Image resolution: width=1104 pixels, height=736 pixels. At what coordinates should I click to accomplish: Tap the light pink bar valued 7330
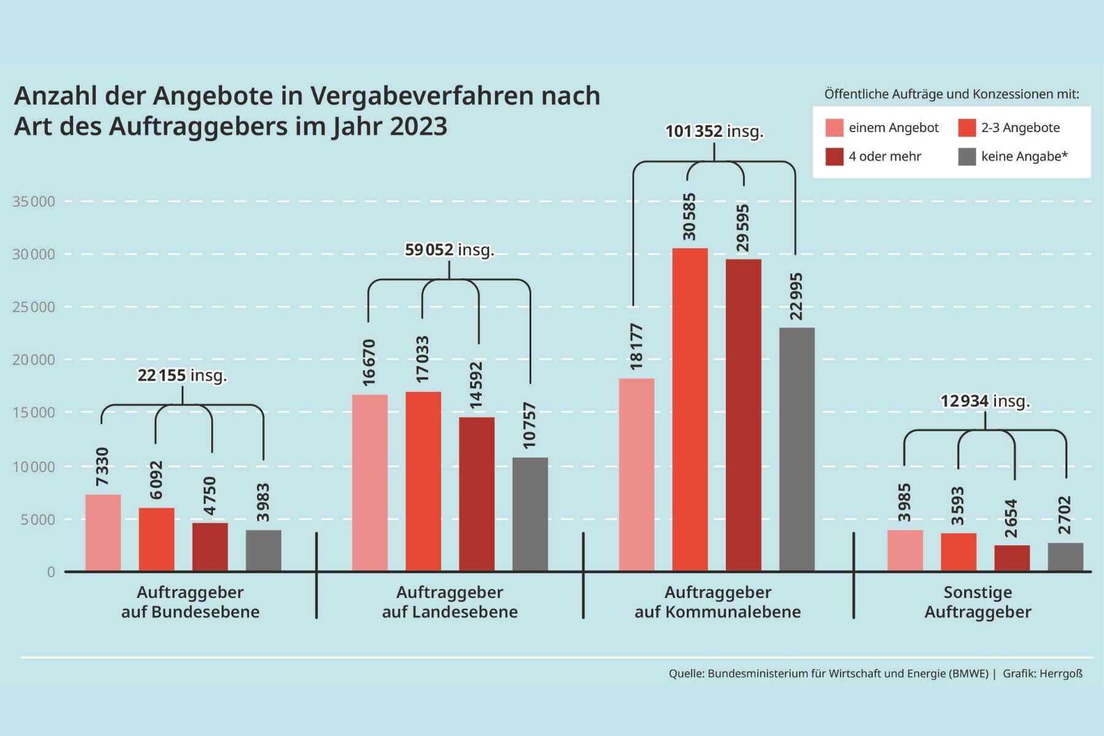click(x=103, y=533)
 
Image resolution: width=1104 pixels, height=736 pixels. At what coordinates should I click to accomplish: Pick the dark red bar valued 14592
click(x=477, y=494)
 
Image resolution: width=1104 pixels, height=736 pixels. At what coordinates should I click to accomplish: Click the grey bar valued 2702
click(x=1065, y=557)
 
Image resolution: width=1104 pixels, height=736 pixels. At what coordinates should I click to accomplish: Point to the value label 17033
click(x=423, y=359)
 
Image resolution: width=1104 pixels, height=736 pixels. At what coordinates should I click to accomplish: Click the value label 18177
click(x=637, y=346)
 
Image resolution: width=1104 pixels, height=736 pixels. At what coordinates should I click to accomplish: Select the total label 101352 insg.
click(x=715, y=131)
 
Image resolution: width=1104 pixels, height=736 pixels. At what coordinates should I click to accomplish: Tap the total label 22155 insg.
click(x=182, y=375)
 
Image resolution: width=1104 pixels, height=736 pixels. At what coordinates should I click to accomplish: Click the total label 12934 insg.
click(x=985, y=401)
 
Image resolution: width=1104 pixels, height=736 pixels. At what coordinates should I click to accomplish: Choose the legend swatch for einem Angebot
click(x=834, y=128)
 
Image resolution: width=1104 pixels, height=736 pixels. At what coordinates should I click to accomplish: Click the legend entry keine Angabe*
click(x=1024, y=156)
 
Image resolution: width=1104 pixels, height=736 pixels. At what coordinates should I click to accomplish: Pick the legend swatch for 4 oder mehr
click(x=834, y=156)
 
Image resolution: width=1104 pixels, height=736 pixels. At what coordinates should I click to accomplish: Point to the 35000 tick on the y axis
click(x=34, y=202)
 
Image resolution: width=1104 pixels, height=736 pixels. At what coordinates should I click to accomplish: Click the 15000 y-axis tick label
click(x=34, y=413)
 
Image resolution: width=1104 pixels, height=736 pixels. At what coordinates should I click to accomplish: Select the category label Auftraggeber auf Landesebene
click(x=450, y=602)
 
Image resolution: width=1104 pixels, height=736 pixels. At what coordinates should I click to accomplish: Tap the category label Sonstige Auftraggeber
click(x=978, y=602)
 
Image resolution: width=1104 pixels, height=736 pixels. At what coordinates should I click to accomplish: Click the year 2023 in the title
click(x=418, y=126)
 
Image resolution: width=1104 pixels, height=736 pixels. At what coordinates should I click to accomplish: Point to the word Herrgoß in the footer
click(x=1060, y=673)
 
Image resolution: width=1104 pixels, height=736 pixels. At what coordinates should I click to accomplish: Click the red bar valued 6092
click(x=156, y=540)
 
